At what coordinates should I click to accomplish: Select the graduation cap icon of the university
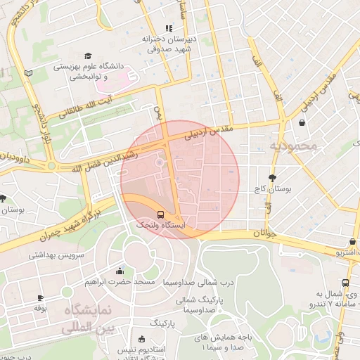(88, 56)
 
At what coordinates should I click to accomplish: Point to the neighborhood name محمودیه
(293, 146)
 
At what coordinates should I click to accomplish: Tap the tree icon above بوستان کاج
(272, 177)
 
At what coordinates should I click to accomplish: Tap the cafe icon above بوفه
(40, 298)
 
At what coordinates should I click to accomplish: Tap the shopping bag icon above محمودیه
(302, 123)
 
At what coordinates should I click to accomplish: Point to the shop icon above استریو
(352, 241)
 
